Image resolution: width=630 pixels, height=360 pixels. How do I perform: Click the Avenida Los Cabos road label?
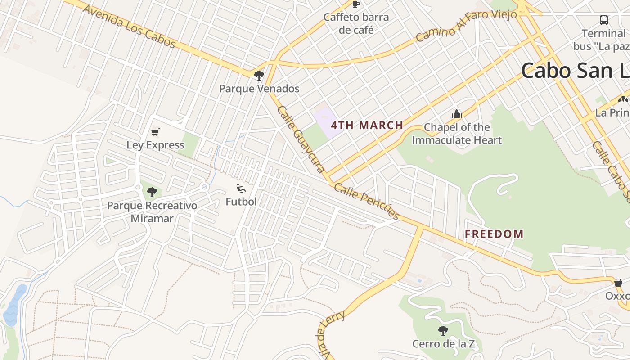tap(129, 27)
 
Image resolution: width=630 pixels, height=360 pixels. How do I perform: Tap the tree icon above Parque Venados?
tap(259, 75)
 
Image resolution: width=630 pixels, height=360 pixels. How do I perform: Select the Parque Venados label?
tap(259, 89)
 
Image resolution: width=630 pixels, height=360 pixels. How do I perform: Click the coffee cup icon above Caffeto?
tap(356, 4)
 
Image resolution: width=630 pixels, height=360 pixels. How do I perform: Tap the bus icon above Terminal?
tap(604, 20)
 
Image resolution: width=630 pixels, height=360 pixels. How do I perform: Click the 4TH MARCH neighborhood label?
tap(367, 126)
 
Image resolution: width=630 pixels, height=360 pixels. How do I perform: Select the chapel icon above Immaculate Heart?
tap(457, 114)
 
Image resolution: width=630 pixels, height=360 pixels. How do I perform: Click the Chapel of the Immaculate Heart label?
tap(457, 134)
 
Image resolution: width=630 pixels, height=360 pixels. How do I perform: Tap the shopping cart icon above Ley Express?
tap(155, 132)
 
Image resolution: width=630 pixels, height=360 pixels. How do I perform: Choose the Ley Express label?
tap(155, 145)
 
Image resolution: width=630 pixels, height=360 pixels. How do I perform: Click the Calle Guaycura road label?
tap(301, 139)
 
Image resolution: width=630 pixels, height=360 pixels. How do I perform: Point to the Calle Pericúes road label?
tap(367, 202)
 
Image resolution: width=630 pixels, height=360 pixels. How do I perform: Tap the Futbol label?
tap(241, 202)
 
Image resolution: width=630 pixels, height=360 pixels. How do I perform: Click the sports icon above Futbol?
tap(241, 189)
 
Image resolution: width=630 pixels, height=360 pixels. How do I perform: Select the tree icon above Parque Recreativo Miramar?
tap(152, 192)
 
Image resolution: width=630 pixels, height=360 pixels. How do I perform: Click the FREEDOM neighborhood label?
tap(494, 234)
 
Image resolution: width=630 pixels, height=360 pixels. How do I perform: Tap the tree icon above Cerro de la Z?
tap(443, 331)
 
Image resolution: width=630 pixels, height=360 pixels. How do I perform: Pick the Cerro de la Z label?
tap(443, 344)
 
